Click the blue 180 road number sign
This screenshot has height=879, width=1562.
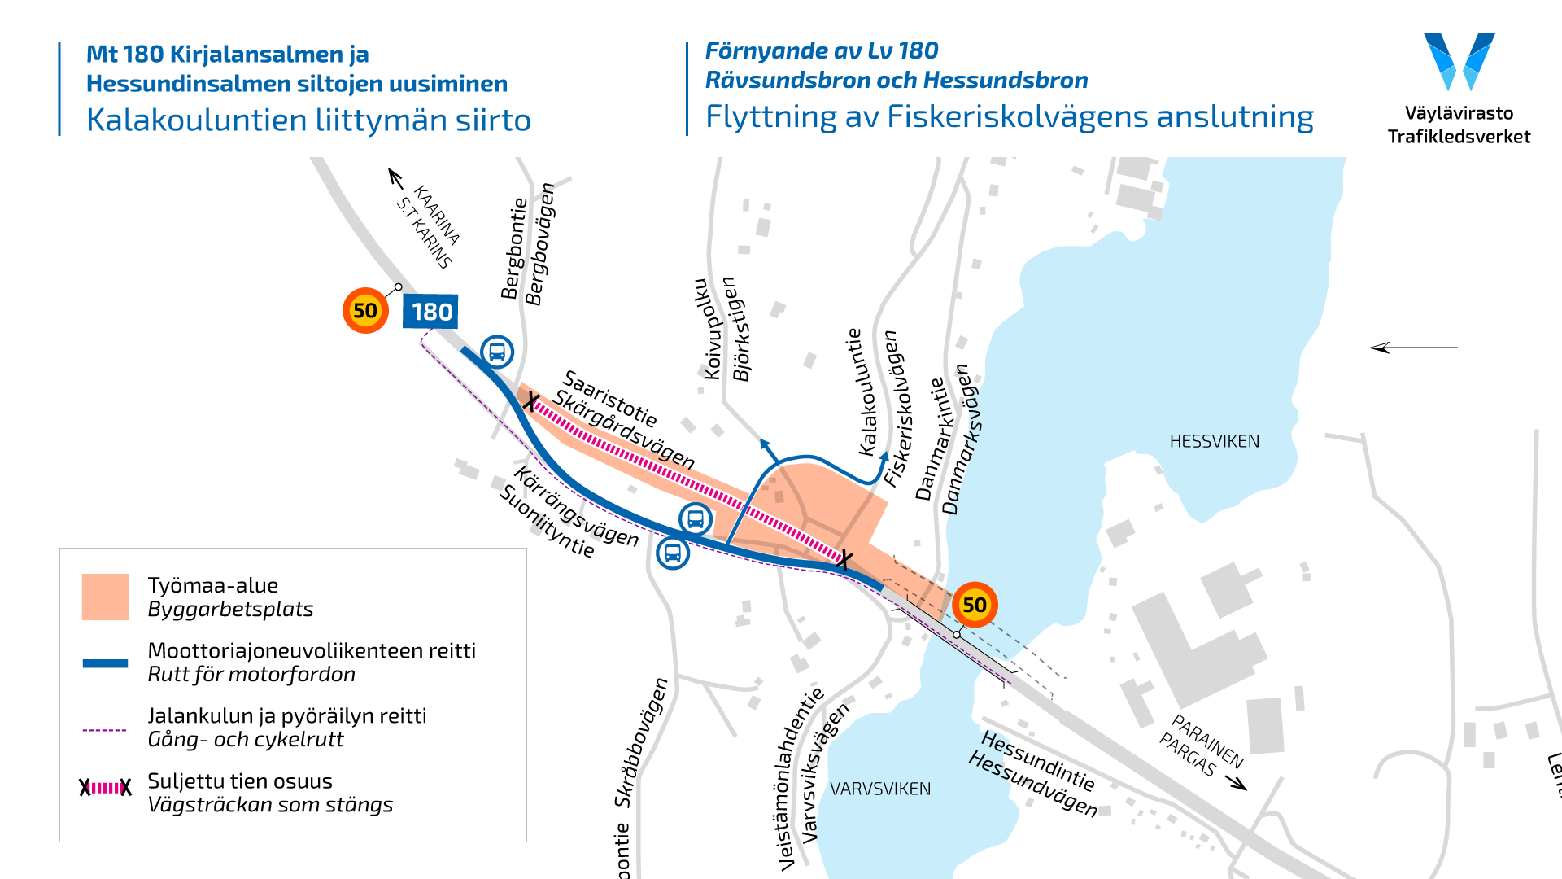(430, 312)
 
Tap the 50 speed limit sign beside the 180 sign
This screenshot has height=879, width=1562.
(364, 310)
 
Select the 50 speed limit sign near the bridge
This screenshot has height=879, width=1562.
(974, 605)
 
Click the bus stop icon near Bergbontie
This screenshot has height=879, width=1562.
(497, 352)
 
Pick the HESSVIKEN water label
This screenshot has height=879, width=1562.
(1214, 441)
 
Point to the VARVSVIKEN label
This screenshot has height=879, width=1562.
(879, 789)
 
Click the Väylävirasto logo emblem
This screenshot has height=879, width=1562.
(1459, 61)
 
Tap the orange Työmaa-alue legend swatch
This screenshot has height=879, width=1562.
(105, 597)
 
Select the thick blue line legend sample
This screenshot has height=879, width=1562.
(105, 663)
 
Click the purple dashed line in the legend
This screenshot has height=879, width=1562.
(105, 730)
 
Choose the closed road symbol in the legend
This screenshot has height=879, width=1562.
(105, 787)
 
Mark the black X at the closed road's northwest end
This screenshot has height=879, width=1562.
(530, 401)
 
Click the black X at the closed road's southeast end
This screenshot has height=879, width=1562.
(845, 560)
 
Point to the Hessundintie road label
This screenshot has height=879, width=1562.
(1038, 760)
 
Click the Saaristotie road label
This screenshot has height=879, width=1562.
(610, 398)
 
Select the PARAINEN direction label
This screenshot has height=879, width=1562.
(1207, 741)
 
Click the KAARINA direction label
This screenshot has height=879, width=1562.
(437, 214)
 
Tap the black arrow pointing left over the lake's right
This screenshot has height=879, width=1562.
(1413, 348)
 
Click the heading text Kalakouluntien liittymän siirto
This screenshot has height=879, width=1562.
(308, 120)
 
